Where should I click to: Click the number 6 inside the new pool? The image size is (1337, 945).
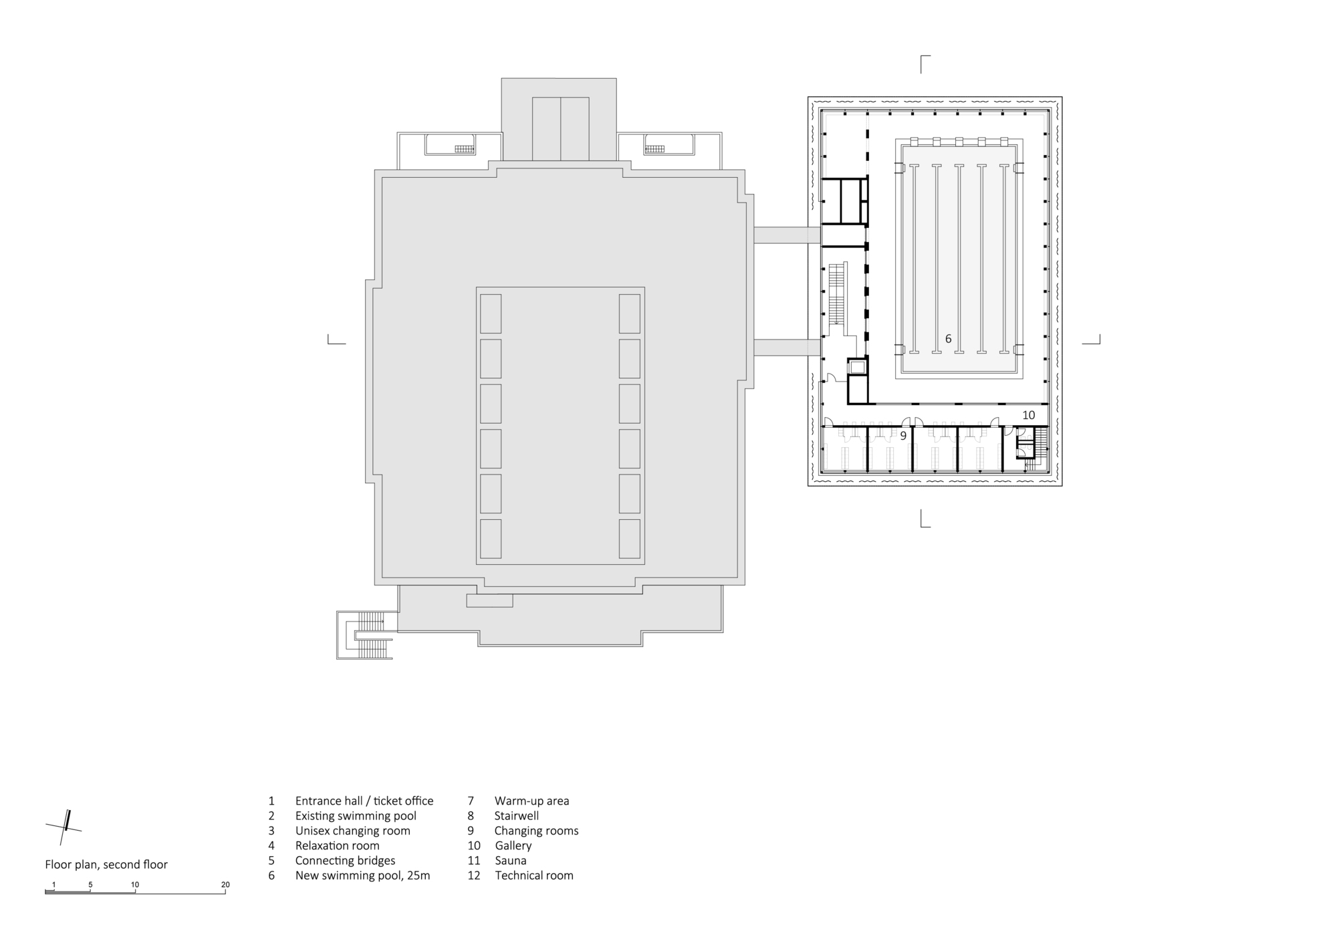coord(948,339)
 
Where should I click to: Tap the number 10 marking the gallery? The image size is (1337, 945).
coord(1028,415)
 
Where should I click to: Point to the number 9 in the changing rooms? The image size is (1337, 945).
coord(903,436)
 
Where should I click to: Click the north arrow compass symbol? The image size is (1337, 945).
coord(64,827)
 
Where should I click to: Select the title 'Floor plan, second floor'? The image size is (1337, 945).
coord(106,864)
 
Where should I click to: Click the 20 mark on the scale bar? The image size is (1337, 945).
coord(225,885)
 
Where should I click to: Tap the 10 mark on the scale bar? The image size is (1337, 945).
coord(135,885)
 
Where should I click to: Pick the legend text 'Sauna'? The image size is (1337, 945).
coord(511,860)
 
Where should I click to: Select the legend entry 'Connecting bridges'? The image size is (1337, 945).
coord(345,860)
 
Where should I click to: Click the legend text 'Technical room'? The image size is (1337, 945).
coord(534,875)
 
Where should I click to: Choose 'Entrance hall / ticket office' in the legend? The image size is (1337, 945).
coord(364,801)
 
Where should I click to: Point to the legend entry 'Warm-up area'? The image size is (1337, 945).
coord(532,801)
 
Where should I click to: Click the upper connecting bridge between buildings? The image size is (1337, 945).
coord(787,235)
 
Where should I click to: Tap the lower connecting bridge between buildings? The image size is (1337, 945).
coord(787,348)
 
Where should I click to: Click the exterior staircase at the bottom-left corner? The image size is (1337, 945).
coord(365,635)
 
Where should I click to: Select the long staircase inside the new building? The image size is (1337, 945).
coord(837,297)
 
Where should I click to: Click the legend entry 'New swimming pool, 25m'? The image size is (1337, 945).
coord(362,875)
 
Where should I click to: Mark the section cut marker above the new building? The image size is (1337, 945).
coord(925,64)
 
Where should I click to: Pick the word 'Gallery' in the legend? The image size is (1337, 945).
coord(513,845)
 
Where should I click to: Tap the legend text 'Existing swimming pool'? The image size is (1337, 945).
coord(356,815)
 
